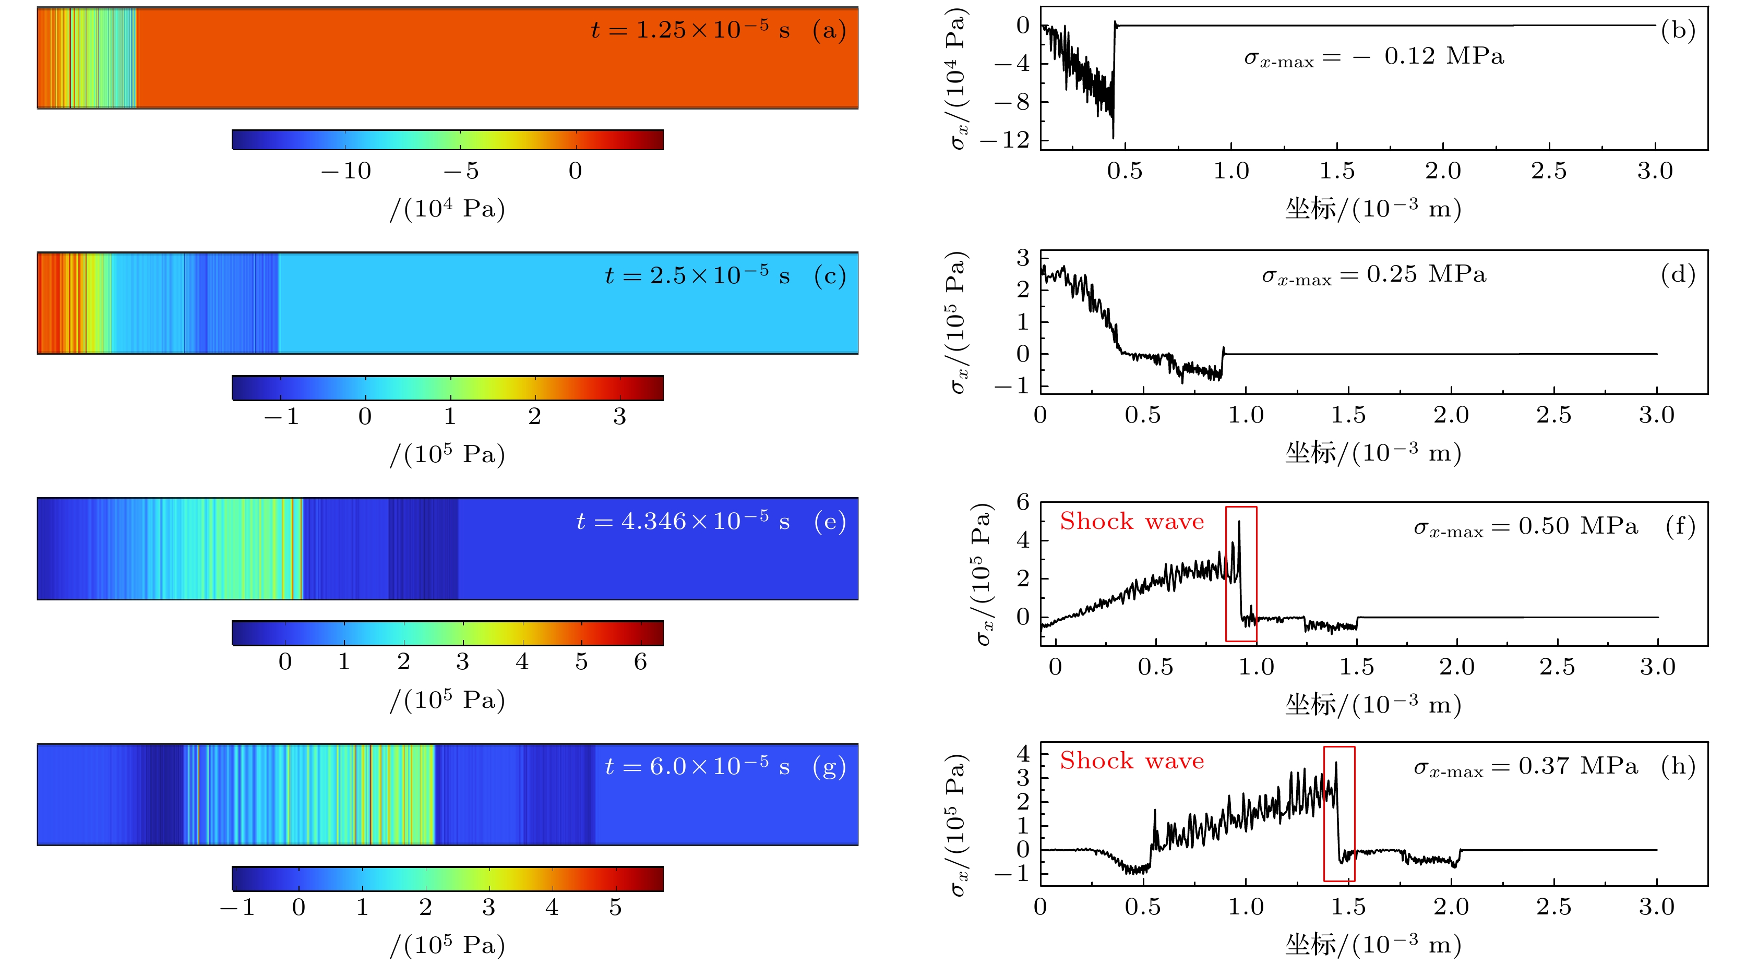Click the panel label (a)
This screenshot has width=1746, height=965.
click(829, 30)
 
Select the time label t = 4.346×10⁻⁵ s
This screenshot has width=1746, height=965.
click(683, 521)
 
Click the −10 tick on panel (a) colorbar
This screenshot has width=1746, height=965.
click(346, 171)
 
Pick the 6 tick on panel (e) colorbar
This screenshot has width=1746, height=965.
click(640, 661)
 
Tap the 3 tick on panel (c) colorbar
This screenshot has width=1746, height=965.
click(619, 416)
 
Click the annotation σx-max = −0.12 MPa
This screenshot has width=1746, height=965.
click(1374, 57)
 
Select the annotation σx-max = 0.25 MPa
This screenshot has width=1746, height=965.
click(1374, 275)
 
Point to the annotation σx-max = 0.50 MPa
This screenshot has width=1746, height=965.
click(1526, 526)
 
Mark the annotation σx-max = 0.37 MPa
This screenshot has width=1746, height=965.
click(1526, 766)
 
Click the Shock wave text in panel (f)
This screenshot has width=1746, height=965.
click(1132, 521)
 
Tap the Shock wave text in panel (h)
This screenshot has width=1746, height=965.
click(1132, 761)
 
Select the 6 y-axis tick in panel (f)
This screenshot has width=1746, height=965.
click(1023, 502)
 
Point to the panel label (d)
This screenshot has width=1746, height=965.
click(1678, 274)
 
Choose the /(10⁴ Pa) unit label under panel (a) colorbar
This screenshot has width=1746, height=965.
click(447, 209)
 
